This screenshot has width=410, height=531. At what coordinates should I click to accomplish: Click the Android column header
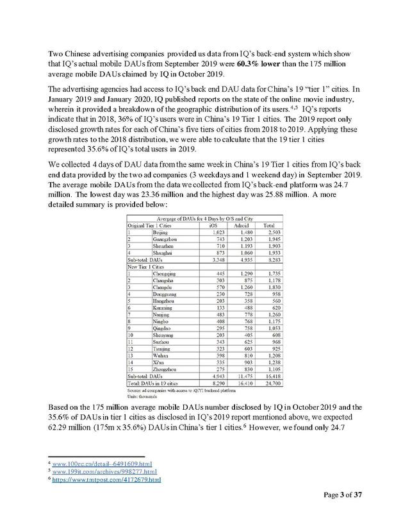tap(242, 225)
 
